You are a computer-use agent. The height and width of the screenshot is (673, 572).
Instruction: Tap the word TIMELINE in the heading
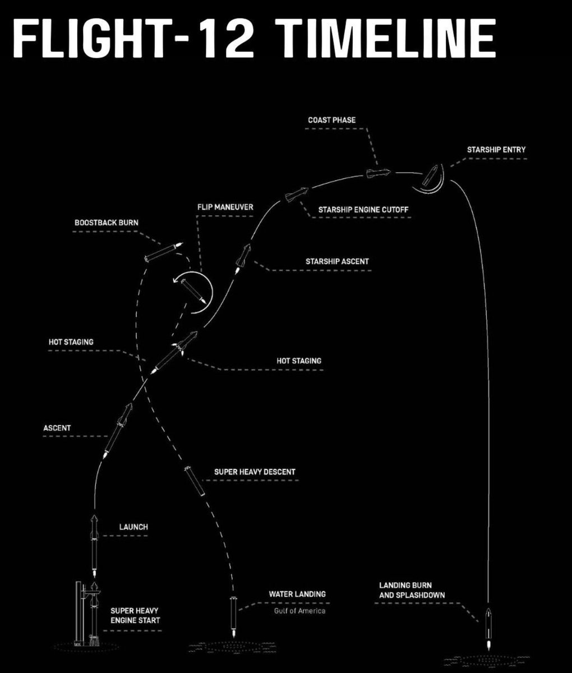coord(387,38)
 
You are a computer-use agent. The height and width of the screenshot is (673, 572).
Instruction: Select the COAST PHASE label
coord(332,120)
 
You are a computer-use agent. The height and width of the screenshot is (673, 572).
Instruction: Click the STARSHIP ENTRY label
coord(496,150)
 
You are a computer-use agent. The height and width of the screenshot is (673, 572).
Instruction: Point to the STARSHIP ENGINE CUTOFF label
coord(363,210)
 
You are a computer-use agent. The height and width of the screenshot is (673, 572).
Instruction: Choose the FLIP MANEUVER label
coord(225,207)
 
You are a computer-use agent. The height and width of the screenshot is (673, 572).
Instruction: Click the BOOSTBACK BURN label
coord(107,223)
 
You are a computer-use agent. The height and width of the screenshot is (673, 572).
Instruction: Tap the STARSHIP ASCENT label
coord(337,261)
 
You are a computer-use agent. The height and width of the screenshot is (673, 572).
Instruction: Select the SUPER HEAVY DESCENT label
coord(255,472)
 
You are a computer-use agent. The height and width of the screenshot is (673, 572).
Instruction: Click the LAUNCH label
coord(133,527)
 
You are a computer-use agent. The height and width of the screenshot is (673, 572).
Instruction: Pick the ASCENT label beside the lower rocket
coord(57,428)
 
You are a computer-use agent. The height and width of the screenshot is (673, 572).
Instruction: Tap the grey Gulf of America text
coord(299,611)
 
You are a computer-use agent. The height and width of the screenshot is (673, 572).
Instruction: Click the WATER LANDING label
coord(297,594)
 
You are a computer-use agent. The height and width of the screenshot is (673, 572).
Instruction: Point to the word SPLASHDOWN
coord(420,595)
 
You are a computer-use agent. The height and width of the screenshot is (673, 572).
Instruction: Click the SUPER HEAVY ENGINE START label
coord(135,615)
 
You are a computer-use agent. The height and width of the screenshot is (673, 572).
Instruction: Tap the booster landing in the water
coord(233,616)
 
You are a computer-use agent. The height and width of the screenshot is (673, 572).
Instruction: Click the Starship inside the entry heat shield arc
coord(430,176)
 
